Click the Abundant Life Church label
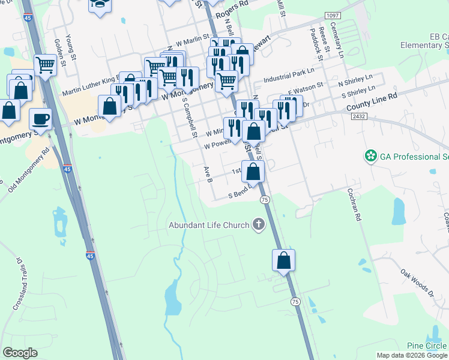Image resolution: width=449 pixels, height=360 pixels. (208, 226)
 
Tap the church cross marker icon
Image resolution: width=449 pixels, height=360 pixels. (259, 225)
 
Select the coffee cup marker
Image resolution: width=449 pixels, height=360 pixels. (40, 118)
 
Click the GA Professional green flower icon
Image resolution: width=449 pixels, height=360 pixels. (371, 157)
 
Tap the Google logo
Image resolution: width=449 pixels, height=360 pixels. (20, 353)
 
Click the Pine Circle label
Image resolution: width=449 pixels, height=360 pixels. (427, 346)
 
